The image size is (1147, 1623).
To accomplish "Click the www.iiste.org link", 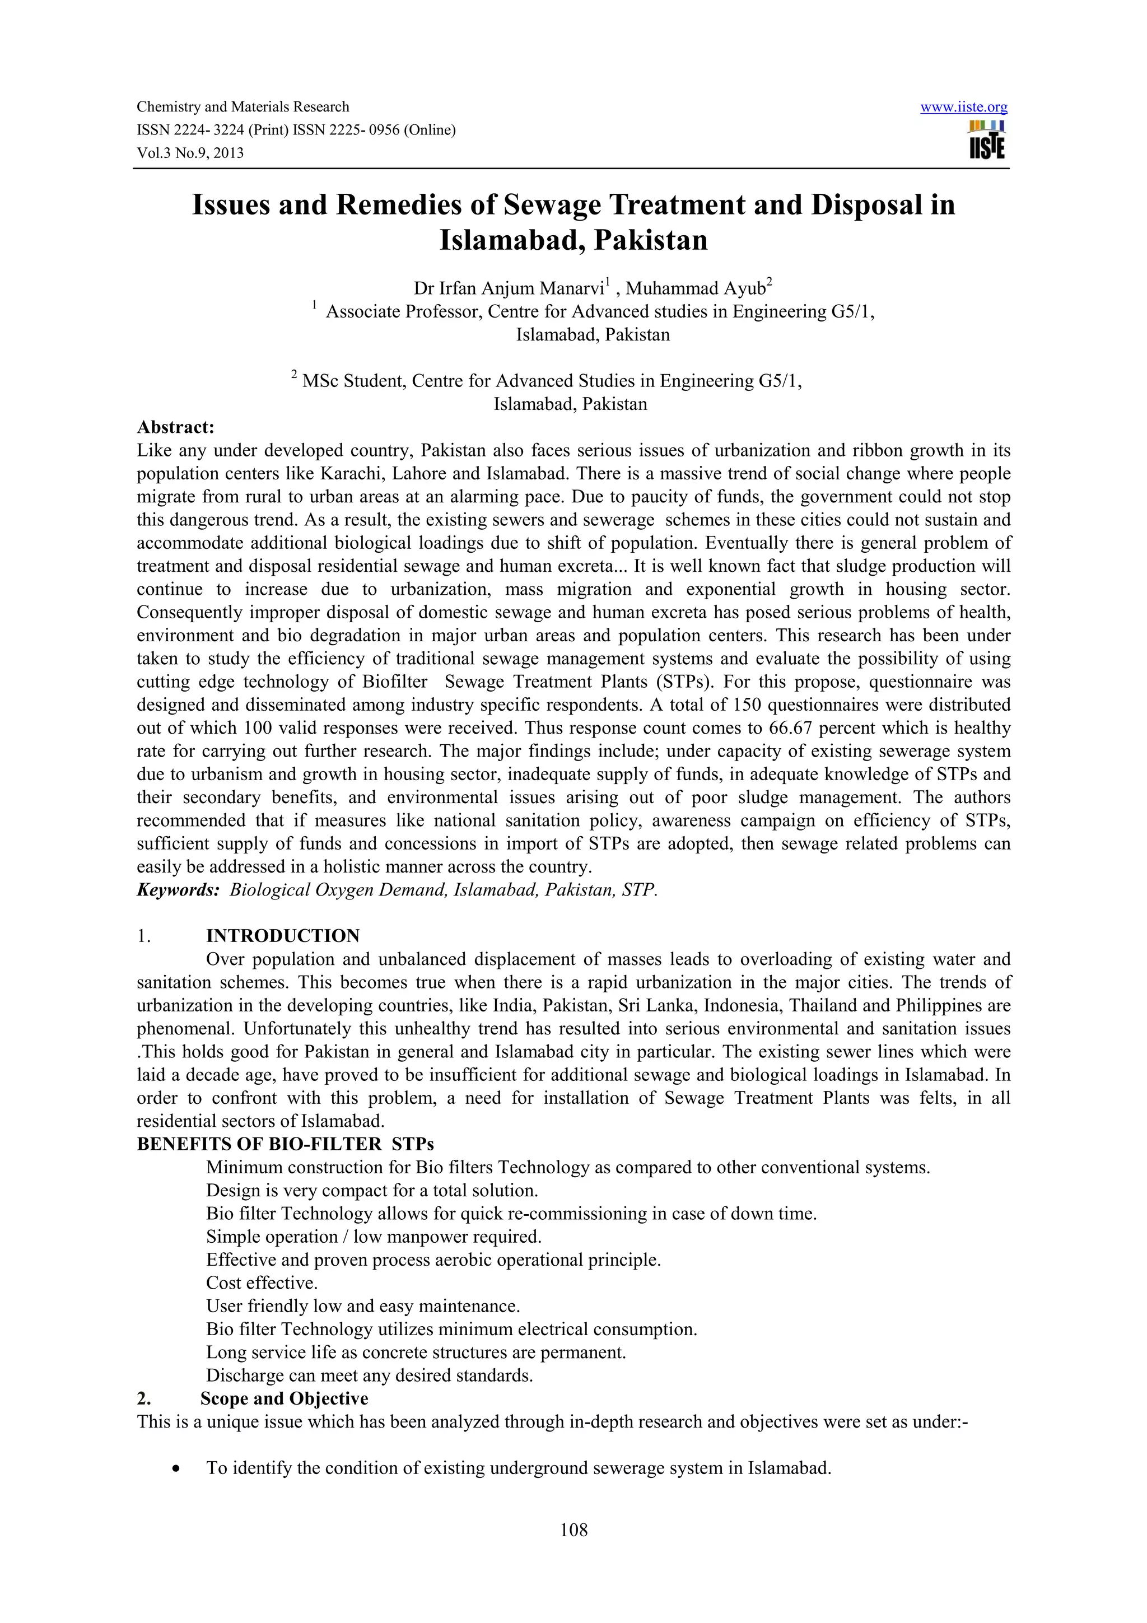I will click(963, 108).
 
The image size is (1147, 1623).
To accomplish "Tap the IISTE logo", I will click(987, 141).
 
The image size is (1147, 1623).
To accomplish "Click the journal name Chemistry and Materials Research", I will click(243, 107).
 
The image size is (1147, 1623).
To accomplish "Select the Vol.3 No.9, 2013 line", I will click(189, 153).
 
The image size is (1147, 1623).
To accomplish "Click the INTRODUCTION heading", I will click(283, 936).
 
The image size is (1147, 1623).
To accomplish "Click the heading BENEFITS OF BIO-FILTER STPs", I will click(286, 1144).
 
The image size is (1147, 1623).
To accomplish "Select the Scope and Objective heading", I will click(284, 1399).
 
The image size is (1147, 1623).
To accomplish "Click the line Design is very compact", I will click(372, 1191).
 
